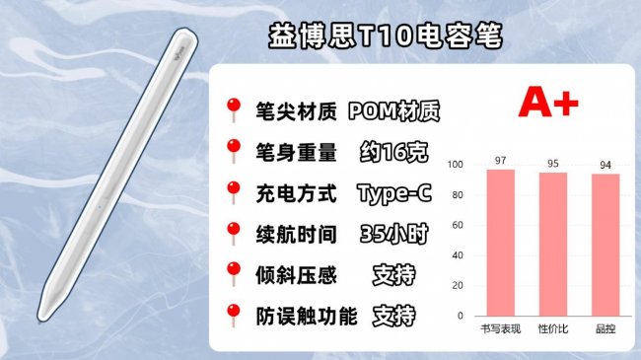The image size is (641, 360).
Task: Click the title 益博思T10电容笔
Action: [387, 37]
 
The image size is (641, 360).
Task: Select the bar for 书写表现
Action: [500, 242]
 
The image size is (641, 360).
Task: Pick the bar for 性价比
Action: [552, 244]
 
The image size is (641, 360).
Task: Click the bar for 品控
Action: [605, 245]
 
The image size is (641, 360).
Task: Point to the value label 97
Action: [500, 161]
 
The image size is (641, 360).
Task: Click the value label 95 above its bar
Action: [552, 164]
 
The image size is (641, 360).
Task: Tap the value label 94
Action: [605, 165]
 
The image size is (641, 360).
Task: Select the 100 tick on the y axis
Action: [455, 165]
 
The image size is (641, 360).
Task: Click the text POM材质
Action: [393, 111]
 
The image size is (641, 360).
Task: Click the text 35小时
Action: [392, 235]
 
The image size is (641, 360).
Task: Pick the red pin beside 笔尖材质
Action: [234, 108]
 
